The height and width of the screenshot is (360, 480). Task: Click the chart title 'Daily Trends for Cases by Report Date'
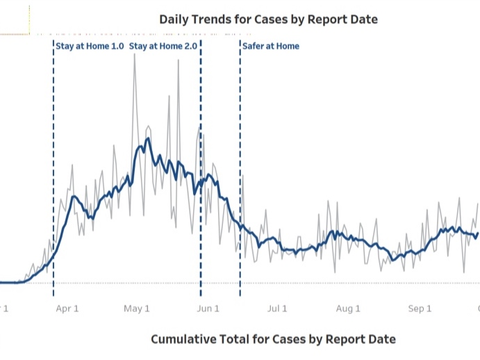coord(268,19)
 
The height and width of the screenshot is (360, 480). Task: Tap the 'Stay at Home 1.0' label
coord(90,47)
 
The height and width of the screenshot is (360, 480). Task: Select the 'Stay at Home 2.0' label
coord(163,47)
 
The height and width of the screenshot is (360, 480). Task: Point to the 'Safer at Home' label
coord(271,47)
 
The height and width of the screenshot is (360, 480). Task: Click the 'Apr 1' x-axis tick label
coord(67,309)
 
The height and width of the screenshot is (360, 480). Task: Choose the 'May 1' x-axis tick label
coord(138,309)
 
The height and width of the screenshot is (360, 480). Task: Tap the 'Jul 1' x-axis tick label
coord(278,309)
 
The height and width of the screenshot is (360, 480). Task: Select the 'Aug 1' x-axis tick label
coord(349,309)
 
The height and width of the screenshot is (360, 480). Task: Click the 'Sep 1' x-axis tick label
coord(420,309)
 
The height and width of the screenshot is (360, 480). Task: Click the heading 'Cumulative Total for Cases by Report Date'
coord(273,339)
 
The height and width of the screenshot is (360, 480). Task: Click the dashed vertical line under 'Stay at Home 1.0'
coord(53,174)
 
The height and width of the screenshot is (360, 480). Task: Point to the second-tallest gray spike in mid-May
coord(178,60)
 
